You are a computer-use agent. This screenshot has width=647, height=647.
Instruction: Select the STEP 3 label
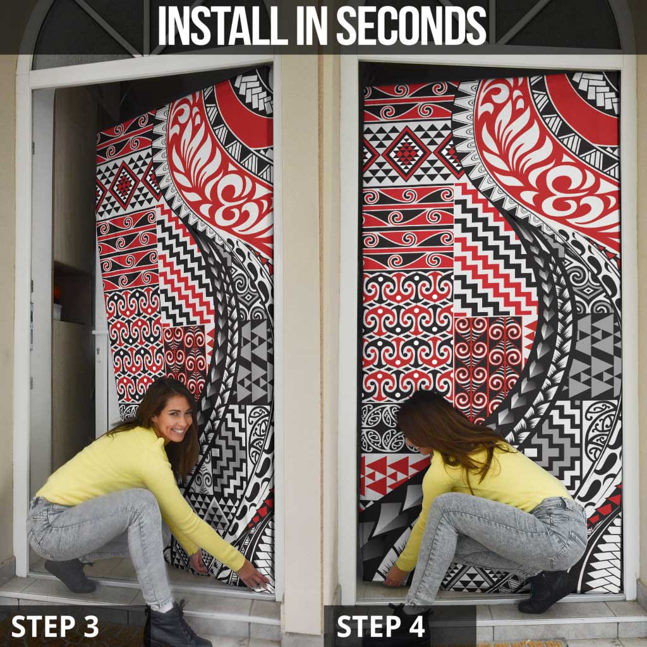tap(55, 626)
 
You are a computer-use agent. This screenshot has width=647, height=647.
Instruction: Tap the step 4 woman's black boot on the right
tap(547, 591)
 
